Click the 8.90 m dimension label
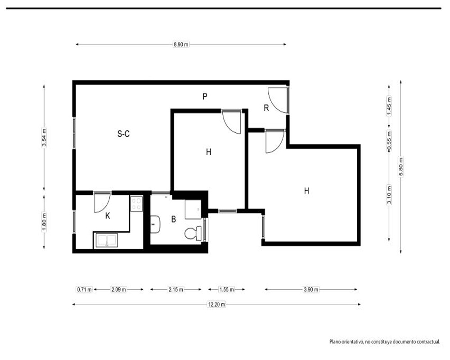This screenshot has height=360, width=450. coord(181,45)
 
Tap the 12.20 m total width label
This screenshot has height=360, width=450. coord(217,304)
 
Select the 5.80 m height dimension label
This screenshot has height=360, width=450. coord(401,167)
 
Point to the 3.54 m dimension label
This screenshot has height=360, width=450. coord(44,137)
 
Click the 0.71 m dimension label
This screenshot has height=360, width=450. coord(85,290)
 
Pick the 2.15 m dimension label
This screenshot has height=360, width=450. coord(175,290)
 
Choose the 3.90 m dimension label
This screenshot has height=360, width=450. coord(311,290)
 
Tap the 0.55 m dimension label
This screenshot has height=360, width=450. coord(389,140)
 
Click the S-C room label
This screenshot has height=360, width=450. coord(123,134)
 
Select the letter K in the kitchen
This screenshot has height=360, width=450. coord(108,216)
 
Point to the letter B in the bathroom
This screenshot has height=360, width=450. coord(173,219)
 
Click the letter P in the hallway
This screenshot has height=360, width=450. coord(205,96)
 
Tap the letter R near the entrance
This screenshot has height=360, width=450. coord(266,108)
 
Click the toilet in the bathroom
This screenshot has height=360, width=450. coord(193,234)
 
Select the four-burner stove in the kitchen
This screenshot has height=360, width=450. coord(137,203)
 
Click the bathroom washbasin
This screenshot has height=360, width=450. coord(155,225)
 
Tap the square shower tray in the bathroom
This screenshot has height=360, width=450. coord(193,209)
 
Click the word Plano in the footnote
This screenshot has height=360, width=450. coord(335,342)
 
